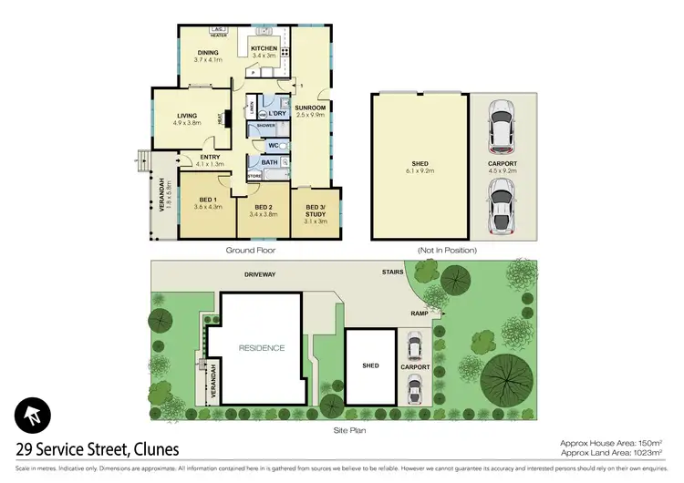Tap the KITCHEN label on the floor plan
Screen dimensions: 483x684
[x=264, y=48]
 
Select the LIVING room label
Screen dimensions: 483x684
[x=187, y=116]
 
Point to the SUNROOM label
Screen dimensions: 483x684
[x=310, y=108]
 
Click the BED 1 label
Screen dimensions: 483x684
[x=208, y=199]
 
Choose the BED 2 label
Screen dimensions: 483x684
[x=264, y=207]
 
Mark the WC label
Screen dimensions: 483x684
[x=273, y=145]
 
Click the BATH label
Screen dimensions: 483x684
[x=270, y=163]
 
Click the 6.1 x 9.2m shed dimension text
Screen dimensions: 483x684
[x=420, y=170]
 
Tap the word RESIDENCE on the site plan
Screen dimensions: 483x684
[x=262, y=347]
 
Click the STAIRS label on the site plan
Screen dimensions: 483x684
[x=394, y=272]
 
